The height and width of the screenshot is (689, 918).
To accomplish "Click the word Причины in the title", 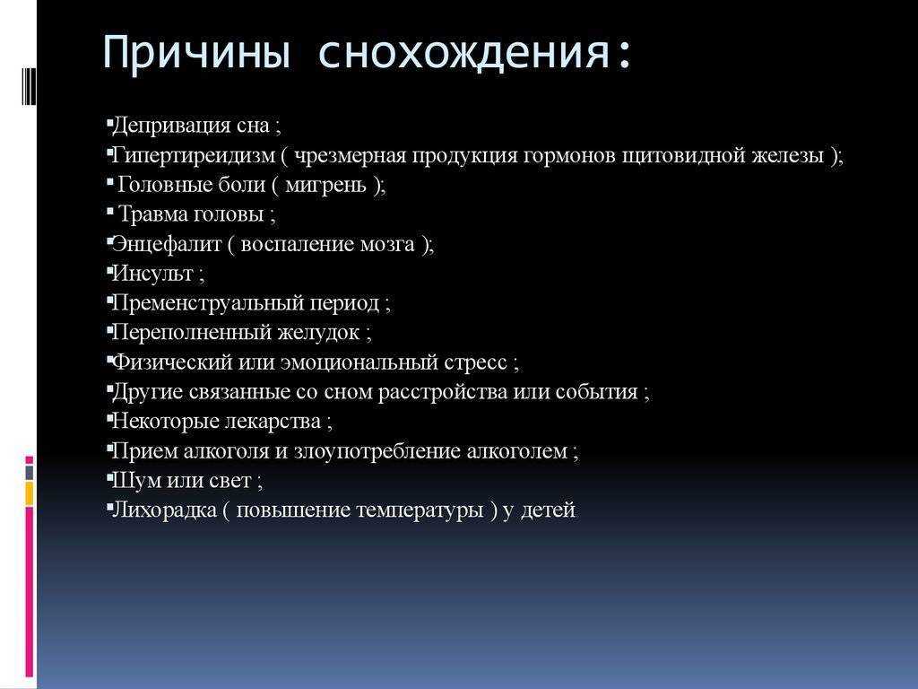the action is tap(196, 53).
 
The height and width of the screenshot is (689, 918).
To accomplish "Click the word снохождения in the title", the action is tap(464, 53).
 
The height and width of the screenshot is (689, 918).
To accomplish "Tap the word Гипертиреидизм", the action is tap(194, 156).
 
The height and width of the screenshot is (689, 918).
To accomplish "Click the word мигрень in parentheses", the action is tap(325, 185).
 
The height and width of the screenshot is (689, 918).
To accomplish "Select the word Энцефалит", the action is tap(166, 244).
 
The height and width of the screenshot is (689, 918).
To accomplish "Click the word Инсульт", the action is tap(152, 273).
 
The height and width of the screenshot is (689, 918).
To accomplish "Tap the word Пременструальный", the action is tap(208, 303).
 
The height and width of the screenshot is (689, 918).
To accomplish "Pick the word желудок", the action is tap(318, 332).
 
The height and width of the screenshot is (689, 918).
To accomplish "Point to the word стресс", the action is tap(475, 362).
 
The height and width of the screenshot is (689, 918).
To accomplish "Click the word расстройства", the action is tap(442, 391).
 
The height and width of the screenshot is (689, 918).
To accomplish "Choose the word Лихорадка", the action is tap(164, 510).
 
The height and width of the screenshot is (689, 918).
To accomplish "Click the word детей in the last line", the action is tap(548, 510).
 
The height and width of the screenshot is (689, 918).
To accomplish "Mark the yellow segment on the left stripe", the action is tap(30, 494).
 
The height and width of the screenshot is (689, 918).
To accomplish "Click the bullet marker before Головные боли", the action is tap(110, 182).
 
